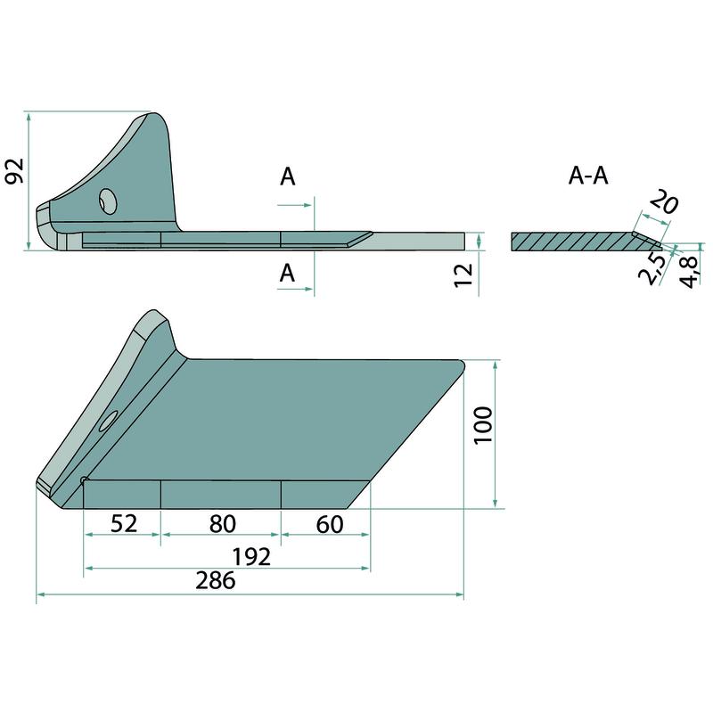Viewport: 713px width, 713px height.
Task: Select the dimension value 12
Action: pyautogui.click(x=463, y=275)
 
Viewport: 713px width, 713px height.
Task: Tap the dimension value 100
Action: pyautogui.click(x=483, y=426)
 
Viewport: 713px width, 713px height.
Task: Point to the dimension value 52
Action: pyautogui.click(x=124, y=523)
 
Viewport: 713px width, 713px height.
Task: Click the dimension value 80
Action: pyautogui.click(x=222, y=523)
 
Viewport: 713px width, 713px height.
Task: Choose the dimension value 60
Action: pyautogui.click(x=330, y=524)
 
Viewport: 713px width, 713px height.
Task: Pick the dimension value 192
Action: pyautogui.click(x=251, y=556)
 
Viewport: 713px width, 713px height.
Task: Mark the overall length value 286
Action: pyautogui.click(x=216, y=580)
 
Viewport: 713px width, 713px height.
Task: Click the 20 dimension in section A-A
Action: pyautogui.click(x=664, y=202)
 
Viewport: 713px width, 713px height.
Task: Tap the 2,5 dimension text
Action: pyautogui.click(x=652, y=269)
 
